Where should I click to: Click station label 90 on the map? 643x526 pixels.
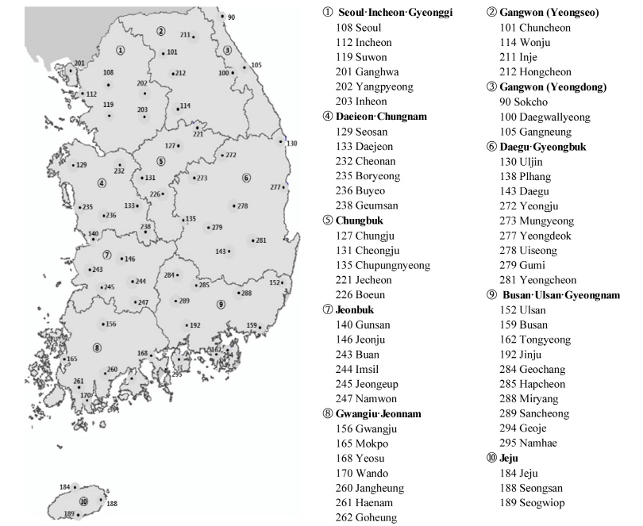point(231,17)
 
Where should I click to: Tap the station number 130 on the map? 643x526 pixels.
point(291,144)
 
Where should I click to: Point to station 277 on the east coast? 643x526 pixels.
point(275,187)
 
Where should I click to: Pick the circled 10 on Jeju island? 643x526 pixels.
point(83,501)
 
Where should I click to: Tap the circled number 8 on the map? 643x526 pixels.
point(97,347)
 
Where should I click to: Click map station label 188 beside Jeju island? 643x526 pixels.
point(112,503)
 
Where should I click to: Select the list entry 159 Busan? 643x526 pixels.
point(522,324)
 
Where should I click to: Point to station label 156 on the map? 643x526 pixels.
point(110,324)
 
